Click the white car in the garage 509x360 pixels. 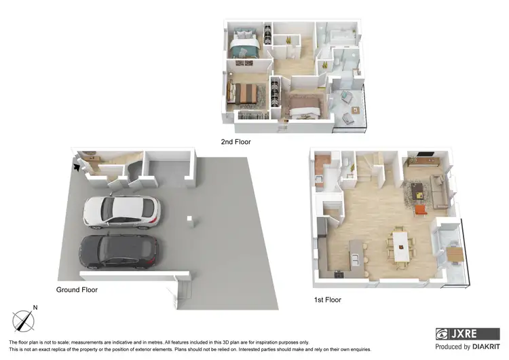point(121,212)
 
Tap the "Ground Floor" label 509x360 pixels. point(77,289)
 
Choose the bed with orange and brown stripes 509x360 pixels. point(242,93)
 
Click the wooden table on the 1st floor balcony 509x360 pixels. point(456,254)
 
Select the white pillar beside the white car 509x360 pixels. point(191,221)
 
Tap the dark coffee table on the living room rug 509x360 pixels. point(415,189)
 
